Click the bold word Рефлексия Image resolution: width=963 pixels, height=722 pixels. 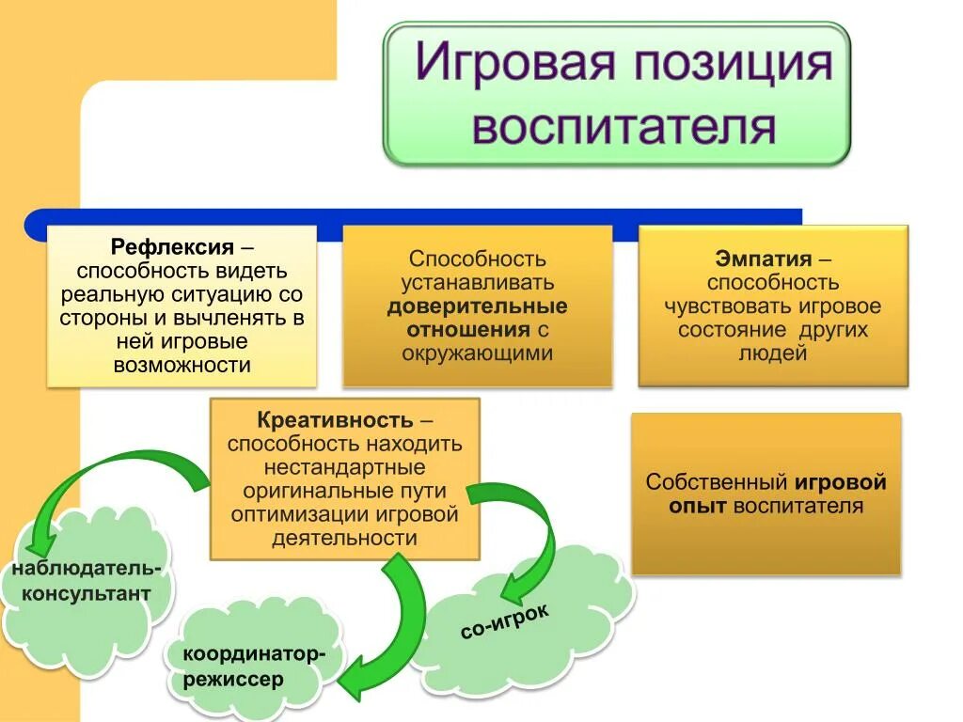(x=172, y=248)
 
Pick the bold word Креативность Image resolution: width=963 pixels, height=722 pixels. (x=334, y=419)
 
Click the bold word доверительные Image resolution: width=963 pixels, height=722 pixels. (x=477, y=306)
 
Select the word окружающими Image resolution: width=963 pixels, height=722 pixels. (x=477, y=353)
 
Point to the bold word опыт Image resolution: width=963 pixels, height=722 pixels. (x=698, y=507)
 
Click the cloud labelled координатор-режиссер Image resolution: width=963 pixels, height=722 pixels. (x=254, y=666)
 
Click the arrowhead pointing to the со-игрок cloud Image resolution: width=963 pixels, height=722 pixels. (x=513, y=590)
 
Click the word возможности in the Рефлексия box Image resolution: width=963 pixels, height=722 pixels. (x=182, y=365)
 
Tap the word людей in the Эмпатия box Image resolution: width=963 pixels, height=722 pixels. (x=773, y=354)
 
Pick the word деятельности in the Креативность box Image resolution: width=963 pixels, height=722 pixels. (x=344, y=539)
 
